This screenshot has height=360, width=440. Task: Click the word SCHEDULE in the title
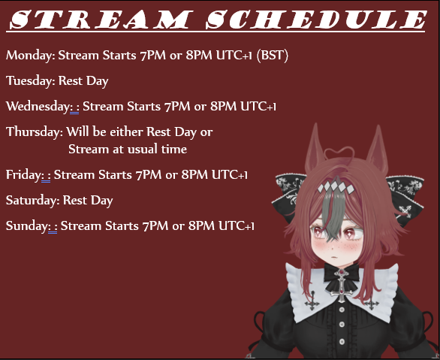click(315, 20)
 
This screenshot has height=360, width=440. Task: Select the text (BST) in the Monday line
click(273, 56)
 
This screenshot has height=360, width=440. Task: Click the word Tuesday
click(31, 81)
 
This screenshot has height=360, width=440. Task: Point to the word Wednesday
click(38, 107)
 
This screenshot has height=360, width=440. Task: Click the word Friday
click(24, 175)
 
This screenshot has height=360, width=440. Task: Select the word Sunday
click(28, 225)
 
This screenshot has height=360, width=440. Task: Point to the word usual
click(142, 149)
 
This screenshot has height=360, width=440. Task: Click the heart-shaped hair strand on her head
click(339, 154)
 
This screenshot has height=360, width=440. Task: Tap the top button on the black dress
click(342, 310)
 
